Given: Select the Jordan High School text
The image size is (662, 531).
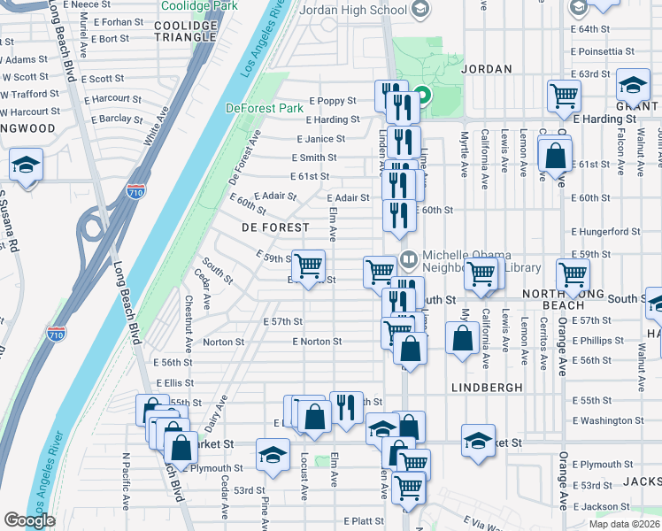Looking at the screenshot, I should click(x=353, y=11).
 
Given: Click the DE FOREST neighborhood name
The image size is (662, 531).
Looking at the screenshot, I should click(x=274, y=227).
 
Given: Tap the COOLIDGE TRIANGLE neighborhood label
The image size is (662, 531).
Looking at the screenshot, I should click(x=185, y=31).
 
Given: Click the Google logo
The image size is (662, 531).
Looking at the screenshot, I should click(x=29, y=520).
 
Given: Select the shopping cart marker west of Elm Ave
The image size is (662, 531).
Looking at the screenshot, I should click(x=309, y=265).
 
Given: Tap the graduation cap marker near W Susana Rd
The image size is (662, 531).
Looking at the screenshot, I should click(x=27, y=165).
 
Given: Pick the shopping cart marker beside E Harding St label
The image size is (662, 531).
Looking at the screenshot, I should click(x=564, y=95).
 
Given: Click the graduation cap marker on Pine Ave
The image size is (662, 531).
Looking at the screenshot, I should click(x=273, y=454).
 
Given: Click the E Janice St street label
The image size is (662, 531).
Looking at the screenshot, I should click(x=320, y=139).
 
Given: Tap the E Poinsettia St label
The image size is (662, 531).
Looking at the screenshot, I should click(x=604, y=51).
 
